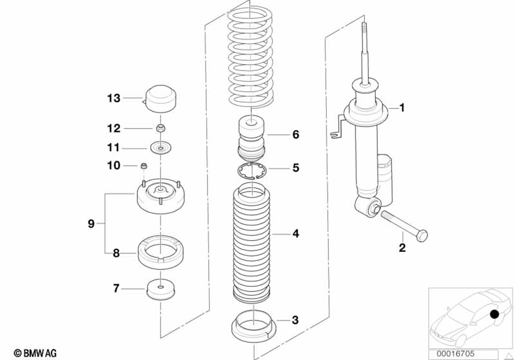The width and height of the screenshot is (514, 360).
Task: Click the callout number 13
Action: [114, 98]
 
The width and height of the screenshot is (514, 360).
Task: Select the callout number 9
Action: [91, 223]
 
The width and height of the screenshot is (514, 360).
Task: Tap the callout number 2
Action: [402, 248]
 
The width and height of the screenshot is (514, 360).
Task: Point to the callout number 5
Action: [296, 168]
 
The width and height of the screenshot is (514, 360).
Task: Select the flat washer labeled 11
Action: [161, 148]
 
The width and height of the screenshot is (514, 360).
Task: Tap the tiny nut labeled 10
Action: [145, 166]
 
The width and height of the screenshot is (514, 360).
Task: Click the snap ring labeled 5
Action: [252, 170]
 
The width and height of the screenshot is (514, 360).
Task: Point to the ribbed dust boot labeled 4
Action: [252, 242]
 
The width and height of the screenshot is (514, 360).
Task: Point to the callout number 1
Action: [402, 108]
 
